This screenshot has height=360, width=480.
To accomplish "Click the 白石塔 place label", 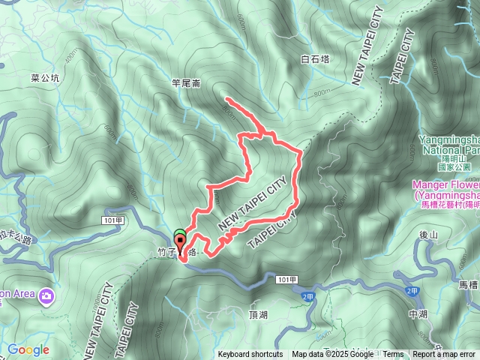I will coord(315,58).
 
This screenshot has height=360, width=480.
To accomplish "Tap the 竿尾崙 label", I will coord(186,85).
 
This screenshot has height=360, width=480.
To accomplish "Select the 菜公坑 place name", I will coord(45,76).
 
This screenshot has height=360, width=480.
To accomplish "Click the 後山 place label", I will coord(428,235).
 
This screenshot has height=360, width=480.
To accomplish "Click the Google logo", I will coord(28,349).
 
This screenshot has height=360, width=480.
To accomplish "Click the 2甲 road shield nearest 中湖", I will coord(412,290).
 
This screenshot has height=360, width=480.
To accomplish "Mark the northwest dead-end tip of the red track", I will coord(226,99).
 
